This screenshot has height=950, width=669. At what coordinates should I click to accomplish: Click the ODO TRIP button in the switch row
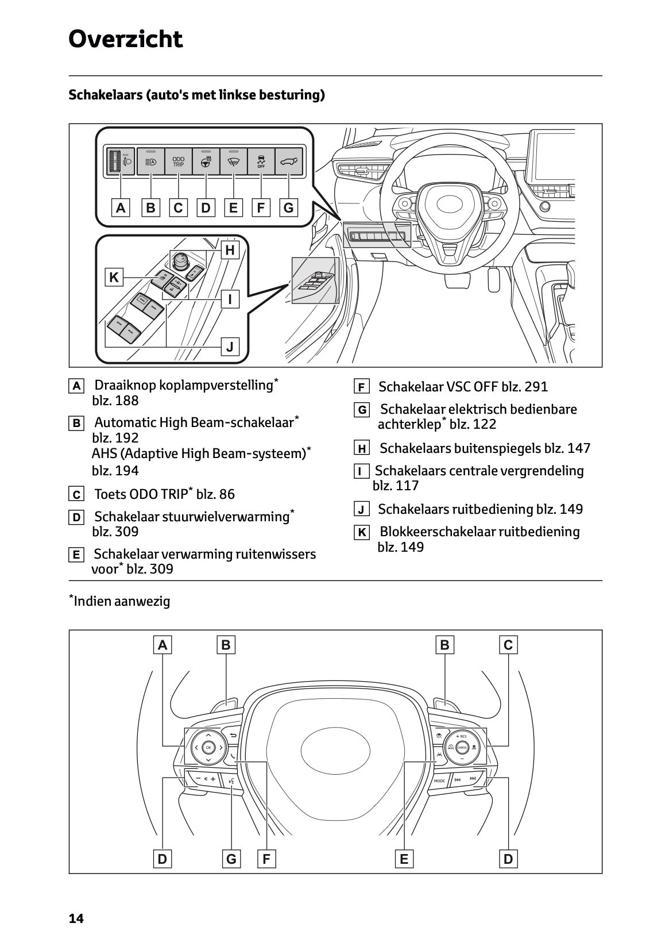pyautogui.click(x=179, y=161)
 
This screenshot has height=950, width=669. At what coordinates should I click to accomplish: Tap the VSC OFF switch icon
pyautogui.click(x=261, y=161)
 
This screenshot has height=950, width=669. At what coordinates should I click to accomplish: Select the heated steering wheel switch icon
pyautogui.click(x=206, y=161)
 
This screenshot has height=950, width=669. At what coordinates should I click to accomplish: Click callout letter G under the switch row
pyautogui.click(x=288, y=207)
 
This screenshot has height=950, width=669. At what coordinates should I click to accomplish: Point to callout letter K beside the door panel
pyautogui.click(x=114, y=277)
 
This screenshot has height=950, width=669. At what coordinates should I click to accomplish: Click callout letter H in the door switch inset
pyautogui.click(x=230, y=250)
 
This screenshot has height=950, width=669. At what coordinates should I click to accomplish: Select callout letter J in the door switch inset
pyautogui.click(x=230, y=347)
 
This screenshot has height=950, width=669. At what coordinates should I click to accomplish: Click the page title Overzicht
pyautogui.click(x=125, y=39)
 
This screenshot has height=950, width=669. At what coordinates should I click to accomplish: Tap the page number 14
pyautogui.click(x=76, y=918)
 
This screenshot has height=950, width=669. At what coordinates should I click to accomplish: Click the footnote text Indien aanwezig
pyautogui.click(x=122, y=601)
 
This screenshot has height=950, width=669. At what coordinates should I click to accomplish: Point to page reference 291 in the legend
pyautogui.click(x=536, y=387)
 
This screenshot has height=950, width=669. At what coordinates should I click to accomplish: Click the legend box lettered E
pyautogui.click(x=76, y=555)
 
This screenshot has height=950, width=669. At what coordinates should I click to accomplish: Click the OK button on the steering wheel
pyautogui.click(x=208, y=748)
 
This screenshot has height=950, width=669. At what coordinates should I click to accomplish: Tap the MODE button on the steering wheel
pyautogui.click(x=439, y=780)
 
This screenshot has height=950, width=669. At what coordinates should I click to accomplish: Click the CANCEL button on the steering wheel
pyautogui.click(x=462, y=747)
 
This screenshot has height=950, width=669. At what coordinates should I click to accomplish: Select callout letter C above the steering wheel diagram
pyautogui.click(x=508, y=645)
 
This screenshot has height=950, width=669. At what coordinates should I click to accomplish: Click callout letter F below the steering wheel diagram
pyautogui.click(x=266, y=859)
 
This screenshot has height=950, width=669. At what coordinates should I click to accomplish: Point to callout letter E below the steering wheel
pyautogui.click(x=404, y=859)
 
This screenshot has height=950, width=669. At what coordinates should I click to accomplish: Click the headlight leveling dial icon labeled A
pyautogui.click(x=121, y=161)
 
